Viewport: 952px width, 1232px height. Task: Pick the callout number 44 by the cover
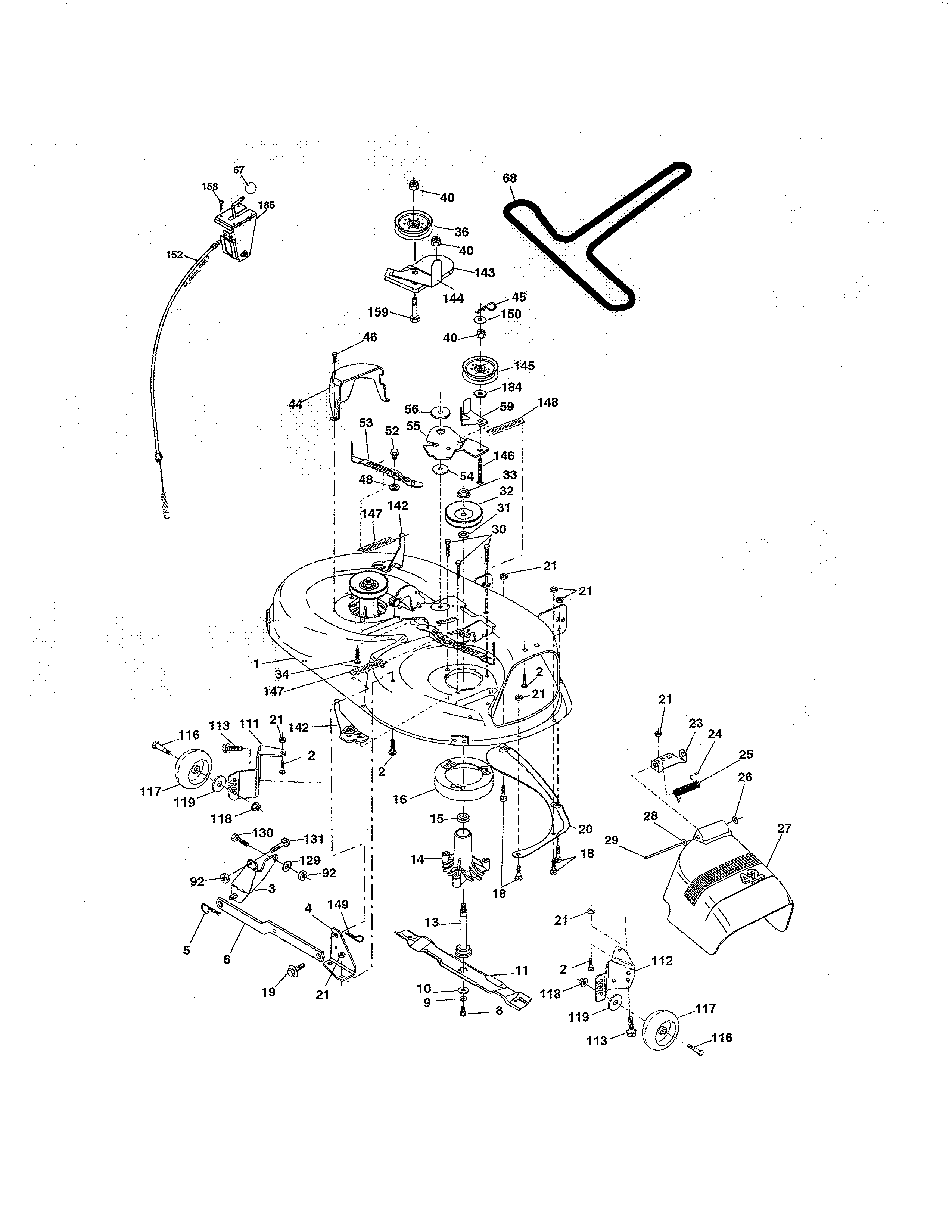(x=295, y=404)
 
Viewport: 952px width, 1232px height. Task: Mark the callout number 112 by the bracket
(x=662, y=960)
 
